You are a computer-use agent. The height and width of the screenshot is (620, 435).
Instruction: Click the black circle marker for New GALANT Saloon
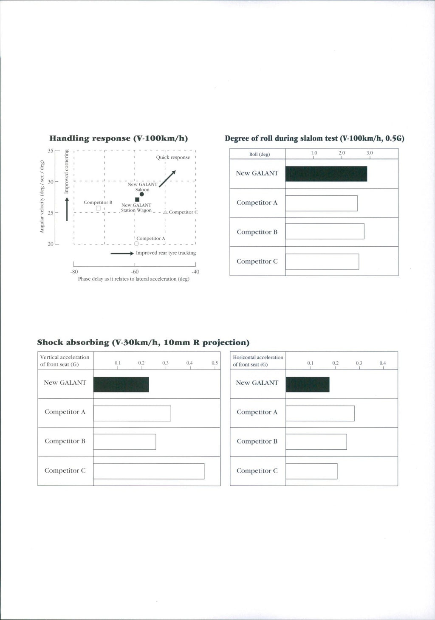141,194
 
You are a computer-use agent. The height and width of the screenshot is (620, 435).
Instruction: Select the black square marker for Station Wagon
137,200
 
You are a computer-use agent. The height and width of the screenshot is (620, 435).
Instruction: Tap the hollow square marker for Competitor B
98,208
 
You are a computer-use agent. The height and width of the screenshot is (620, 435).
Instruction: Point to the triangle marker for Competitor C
165,212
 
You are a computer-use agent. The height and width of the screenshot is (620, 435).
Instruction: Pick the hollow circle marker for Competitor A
136,244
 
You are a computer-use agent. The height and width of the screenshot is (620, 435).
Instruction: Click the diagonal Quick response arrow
167,178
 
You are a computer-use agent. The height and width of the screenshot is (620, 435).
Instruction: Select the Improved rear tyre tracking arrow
122,254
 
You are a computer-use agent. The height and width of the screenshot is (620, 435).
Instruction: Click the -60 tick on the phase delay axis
135,265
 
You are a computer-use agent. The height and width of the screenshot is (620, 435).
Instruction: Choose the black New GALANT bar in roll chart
326,174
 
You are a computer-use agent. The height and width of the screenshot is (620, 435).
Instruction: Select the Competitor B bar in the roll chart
325,231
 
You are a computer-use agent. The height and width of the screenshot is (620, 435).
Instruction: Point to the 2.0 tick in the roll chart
342,158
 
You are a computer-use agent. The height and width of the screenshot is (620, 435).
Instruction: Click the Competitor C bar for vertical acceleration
149,471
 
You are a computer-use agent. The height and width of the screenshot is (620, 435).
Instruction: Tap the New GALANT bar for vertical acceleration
121,384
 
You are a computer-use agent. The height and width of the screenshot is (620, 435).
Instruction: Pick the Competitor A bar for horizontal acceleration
320,413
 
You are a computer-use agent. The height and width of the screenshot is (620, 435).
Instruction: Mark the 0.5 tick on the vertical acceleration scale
215,368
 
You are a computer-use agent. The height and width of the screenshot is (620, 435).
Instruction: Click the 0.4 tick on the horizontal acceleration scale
383,368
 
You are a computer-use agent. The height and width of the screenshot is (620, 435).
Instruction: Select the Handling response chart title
119,138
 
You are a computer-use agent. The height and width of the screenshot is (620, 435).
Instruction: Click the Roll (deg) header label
259,154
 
